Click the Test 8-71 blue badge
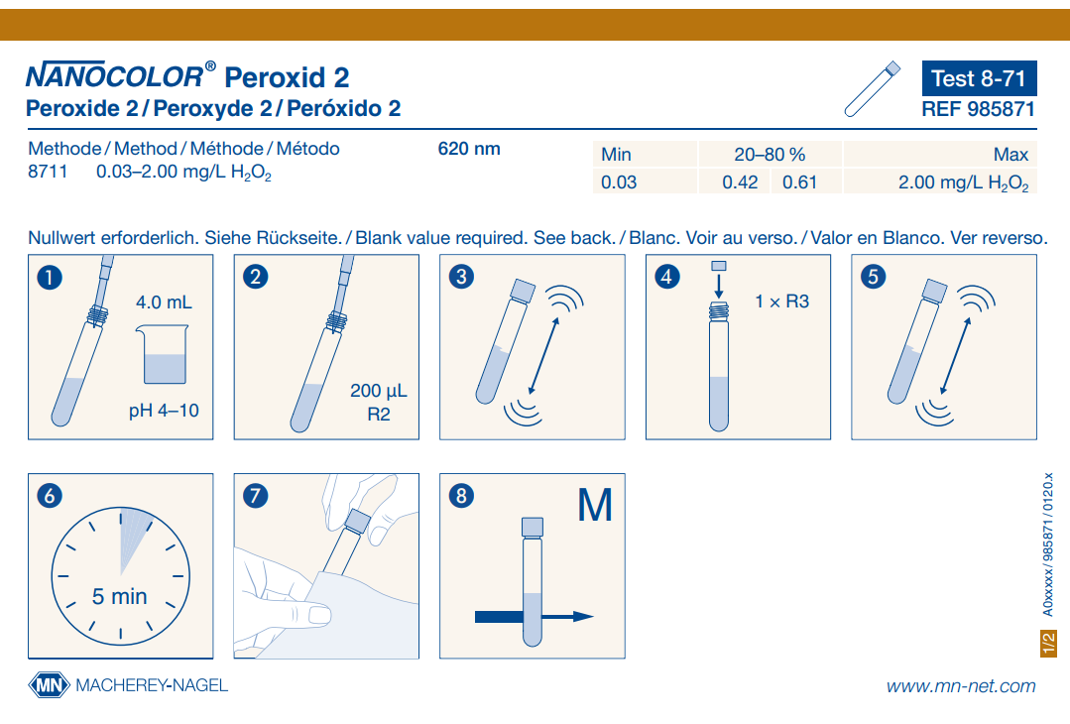pos(979,78)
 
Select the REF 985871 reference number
pos(979,109)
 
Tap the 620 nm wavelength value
pos(469,149)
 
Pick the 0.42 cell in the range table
pos(740,182)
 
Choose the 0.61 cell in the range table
pos(799,182)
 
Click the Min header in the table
pos(616,154)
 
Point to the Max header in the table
pos(1011,154)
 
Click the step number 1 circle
pos(50,278)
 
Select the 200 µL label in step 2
pos(378,391)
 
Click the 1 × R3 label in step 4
pos(782,302)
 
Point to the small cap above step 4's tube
pos(719,266)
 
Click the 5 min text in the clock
pos(119,596)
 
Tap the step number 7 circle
pos(255,496)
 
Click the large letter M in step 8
pos(595,506)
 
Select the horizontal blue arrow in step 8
pos(535,617)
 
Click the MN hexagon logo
pos(50,685)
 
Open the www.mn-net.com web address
pos(961,685)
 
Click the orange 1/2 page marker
pos(1048,644)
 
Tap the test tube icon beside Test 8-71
pos(872,89)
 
